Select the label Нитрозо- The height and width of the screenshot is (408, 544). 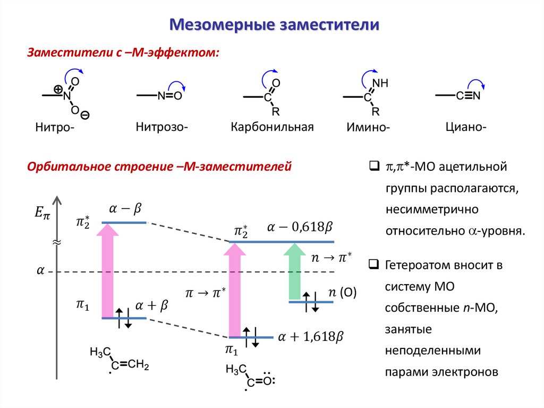pyautogui.click(x=162, y=127)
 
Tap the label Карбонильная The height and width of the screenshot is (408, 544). pyautogui.click(x=272, y=128)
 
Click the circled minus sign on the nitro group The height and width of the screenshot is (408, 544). pyautogui.click(x=86, y=115)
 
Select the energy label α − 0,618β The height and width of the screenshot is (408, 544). pyautogui.click(x=300, y=227)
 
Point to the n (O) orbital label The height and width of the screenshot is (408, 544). pyautogui.click(x=342, y=293)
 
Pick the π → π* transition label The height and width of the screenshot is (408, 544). pyautogui.click(x=206, y=292)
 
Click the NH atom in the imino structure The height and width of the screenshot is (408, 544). pyautogui.click(x=380, y=84)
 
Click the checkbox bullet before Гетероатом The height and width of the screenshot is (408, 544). pyautogui.click(x=373, y=264)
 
